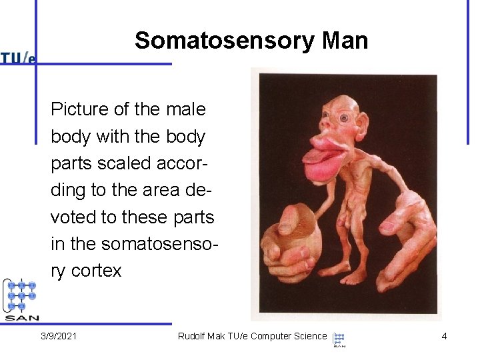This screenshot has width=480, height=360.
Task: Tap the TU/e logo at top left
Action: coord(18,58)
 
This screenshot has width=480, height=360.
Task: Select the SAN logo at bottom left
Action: coord(21,299)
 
